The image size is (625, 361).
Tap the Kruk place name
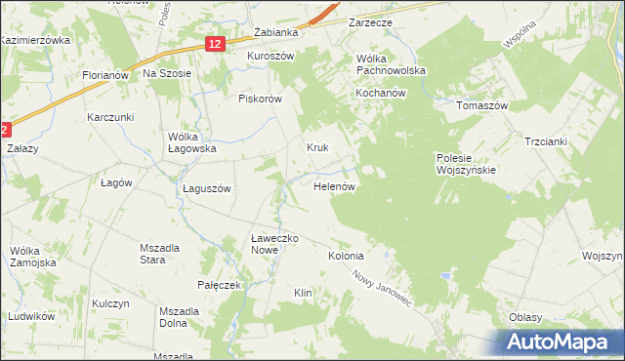point(317,148)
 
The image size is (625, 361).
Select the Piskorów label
point(260,99)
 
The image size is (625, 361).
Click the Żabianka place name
point(274,32)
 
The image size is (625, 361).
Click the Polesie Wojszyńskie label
point(466,162)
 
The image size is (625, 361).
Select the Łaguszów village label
point(206,189)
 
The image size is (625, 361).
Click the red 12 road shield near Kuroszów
point(216,43)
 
